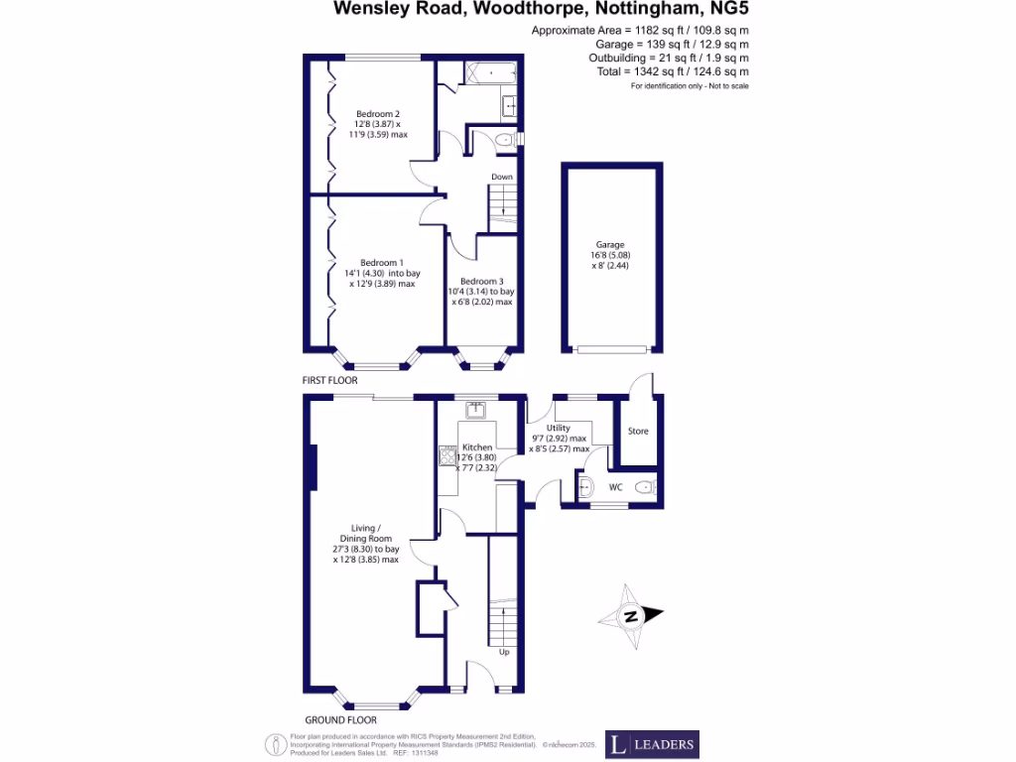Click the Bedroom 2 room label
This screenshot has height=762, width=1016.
378,113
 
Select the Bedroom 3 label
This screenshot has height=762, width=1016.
481,281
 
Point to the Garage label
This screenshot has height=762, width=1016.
610,244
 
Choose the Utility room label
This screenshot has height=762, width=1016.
559,428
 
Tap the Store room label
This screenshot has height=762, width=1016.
638,431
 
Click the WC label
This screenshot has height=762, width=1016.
615,487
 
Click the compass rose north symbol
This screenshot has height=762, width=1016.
630,617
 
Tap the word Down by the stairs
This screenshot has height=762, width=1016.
502,178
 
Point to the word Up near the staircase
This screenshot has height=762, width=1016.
504,652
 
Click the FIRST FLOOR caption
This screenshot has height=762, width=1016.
330,380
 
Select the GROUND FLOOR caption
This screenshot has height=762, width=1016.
340,719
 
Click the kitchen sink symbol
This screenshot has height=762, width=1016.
475,407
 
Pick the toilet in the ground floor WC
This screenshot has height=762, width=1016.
646,486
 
